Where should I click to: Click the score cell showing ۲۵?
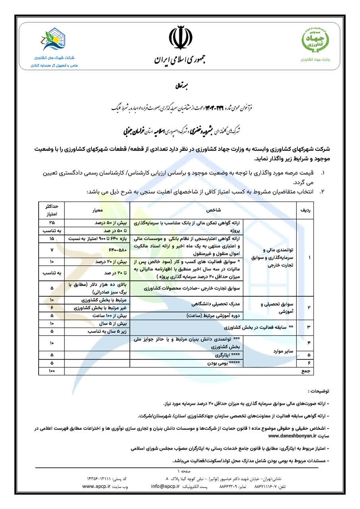[x=51, y=223]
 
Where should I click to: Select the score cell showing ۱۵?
[x=51, y=238]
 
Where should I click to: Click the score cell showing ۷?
[x=51, y=250]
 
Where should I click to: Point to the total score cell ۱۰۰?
[x=51, y=371]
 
